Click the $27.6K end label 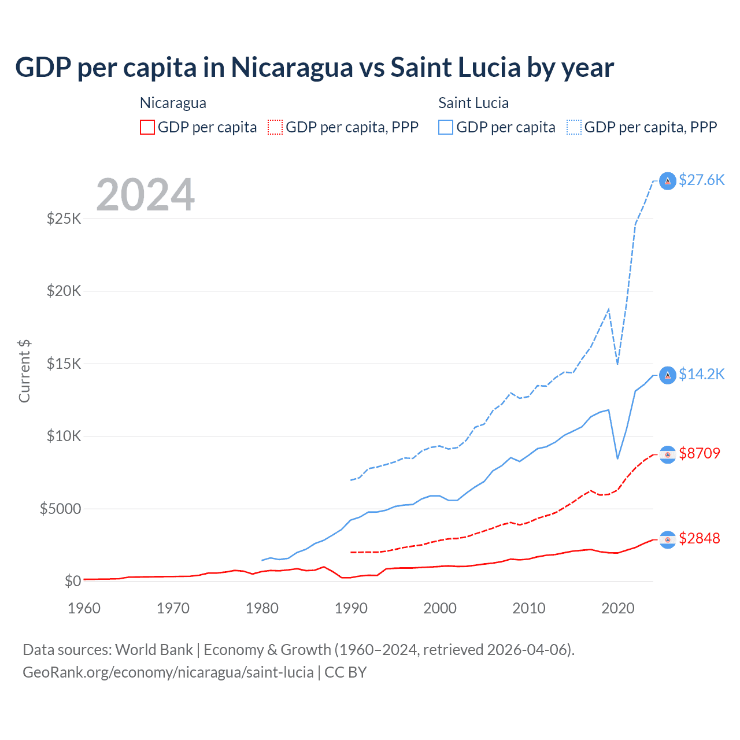click(x=701, y=180)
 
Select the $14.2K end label click(x=701, y=374)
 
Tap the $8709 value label click(x=700, y=453)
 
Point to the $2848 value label click(x=700, y=538)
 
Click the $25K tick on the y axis click(x=64, y=219)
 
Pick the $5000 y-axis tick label click(x=60, y=509)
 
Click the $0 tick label click(x=73, y=581)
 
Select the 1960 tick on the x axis click(x=84, y=608)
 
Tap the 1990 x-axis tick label click(x=351, y=608)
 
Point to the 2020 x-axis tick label click(x=618, y=608)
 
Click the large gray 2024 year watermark click(x=145, y=195)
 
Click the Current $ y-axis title click(x=24, y=371)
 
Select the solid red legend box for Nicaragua click(x=147, y=127)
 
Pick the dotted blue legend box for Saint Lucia click(x=574, y=127)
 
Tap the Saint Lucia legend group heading click(x=473, y=103)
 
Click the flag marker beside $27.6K click(x=668, y=181)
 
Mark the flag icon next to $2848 click(x=668, y=539)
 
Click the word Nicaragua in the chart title click(x=292, y=68)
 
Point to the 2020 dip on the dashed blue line click(x=618, y=364)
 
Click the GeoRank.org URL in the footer click(x=168, y=672)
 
